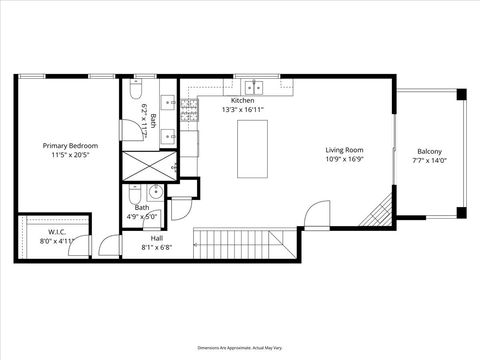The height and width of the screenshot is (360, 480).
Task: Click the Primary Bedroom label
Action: (x=66, y=146)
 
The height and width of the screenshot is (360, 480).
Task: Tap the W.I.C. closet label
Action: (x=29, y=232)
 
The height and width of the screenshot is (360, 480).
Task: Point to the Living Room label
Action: (x=343, y=150)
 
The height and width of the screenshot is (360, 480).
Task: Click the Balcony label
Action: (x=429, y=153)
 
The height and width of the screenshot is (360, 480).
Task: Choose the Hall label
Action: (x=157, y=239)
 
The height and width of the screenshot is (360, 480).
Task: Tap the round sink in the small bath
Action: (x=153, y=192)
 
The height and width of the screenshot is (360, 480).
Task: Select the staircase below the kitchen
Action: (x=246, y=242)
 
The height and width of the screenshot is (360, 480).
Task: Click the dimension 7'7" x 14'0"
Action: (x=429, y=160)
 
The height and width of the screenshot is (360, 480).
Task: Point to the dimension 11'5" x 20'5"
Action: (x=66, y=153)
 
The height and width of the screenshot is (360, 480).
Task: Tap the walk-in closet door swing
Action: (x=103, y=242)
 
